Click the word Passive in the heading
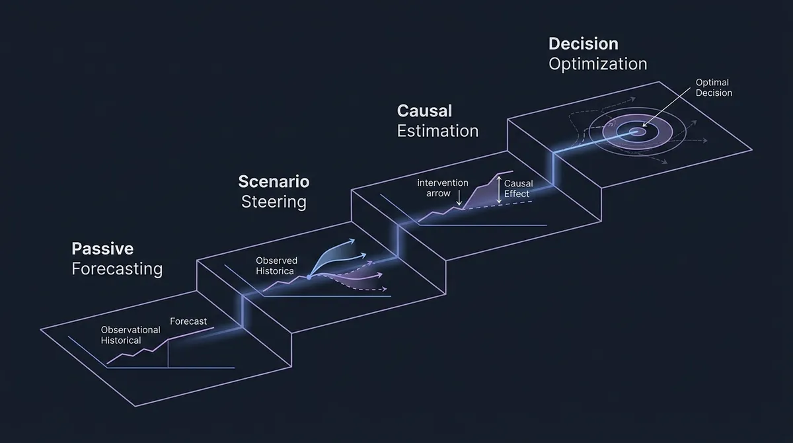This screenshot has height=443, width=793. [102, 249]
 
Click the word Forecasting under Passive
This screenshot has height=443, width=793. [117, 269]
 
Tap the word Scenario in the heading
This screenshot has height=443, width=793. [274, 181]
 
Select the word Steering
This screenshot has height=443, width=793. [274, 202]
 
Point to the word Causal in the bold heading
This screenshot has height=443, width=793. [424, 110]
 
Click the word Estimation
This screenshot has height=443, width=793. [437, 131]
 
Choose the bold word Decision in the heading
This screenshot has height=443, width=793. [583, 44]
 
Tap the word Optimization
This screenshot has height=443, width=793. [597, 64]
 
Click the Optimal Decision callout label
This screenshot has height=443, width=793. [714, 88]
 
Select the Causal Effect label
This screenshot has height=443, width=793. [517, 188]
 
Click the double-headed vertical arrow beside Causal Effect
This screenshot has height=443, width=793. [499, 189]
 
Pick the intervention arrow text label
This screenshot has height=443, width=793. [442, 188]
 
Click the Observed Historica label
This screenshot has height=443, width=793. [277, 265]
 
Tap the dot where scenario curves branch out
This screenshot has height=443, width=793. [309, 277]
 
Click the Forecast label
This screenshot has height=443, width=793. [188, 321]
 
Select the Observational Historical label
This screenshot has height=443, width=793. [130, 335]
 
